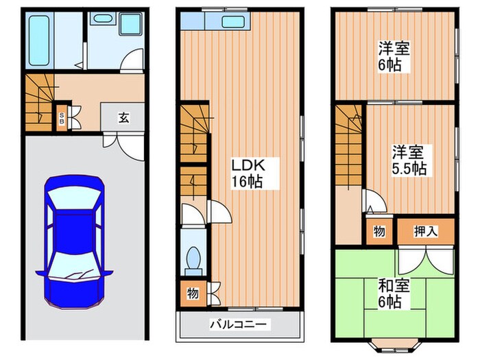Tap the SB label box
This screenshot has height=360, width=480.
(61, 117)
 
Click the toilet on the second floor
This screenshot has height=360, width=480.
(192, 259)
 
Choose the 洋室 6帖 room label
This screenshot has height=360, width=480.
(393, 57)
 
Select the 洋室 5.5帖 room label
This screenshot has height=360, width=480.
(409, 160)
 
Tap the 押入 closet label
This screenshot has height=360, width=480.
(426, 232)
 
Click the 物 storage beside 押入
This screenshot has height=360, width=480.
(379, 232)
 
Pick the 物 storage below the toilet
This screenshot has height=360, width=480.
(193, 293)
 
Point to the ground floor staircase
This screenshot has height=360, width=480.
(38, 103)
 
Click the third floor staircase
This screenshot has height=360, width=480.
(349, 147)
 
